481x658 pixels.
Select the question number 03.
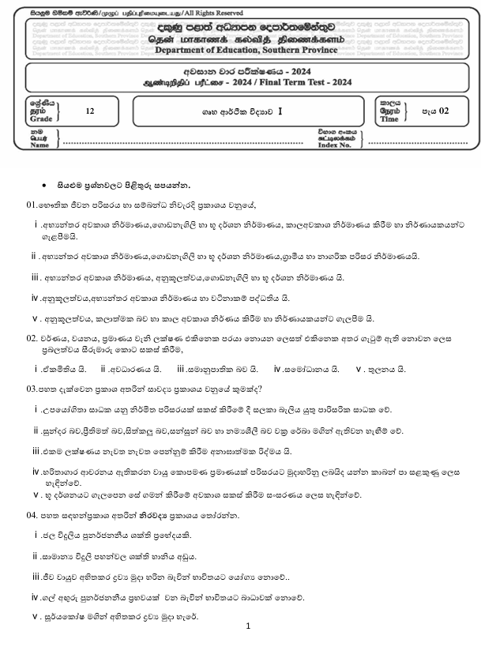(x=32, y=388)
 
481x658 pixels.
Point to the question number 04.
(x=32, y=514)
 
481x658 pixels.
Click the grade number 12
(x=89, y=112)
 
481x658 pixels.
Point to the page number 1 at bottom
(x=248, y=626)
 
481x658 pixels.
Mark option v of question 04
(x=35, y=615)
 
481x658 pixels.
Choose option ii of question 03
(x=36, y=431)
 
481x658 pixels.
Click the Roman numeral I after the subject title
(x=279, y=112)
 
